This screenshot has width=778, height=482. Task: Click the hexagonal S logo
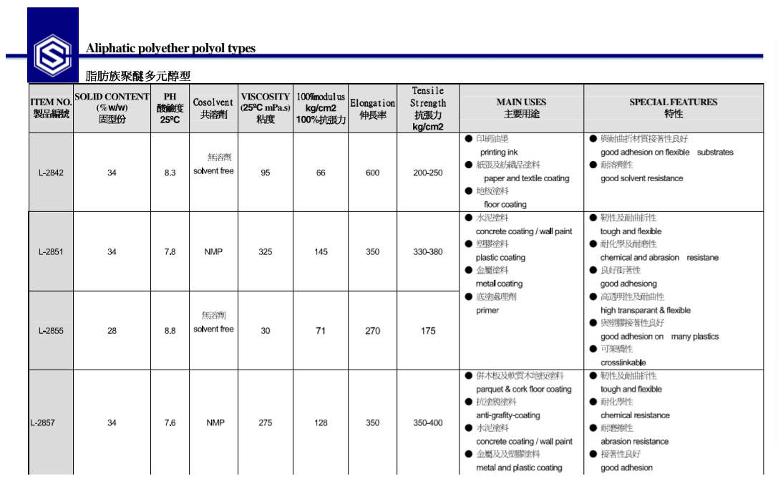click(52, 53)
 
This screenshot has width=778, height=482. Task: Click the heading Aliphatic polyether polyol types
click(170, 49)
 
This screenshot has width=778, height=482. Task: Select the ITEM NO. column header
click(51, 108)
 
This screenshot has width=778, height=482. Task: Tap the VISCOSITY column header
click(266, 107)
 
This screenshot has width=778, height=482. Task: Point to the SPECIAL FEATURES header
click(673, 107)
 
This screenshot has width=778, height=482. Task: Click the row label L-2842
click(51, 173)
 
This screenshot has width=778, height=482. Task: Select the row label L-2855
click(51, 331)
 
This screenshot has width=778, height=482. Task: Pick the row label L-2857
click(42, 423)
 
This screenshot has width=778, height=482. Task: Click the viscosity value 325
click(266, 252)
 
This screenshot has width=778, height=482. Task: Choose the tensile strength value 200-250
click(427, 173)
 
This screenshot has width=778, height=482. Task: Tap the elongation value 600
click(372, 173)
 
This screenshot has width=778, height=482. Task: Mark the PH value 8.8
click(170, 331)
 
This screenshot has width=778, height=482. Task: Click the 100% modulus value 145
click(321, 252)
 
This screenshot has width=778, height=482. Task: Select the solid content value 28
click(112, 331)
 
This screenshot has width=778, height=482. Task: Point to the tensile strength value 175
click(427, 331)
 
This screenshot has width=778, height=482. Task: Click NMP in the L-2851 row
click(213, 252)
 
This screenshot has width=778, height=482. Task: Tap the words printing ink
click(499, 153)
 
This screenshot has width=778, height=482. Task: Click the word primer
click(487, 311)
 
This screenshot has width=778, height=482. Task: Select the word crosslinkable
click(623, 363)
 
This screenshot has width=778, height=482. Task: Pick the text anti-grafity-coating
click(508, 415)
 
